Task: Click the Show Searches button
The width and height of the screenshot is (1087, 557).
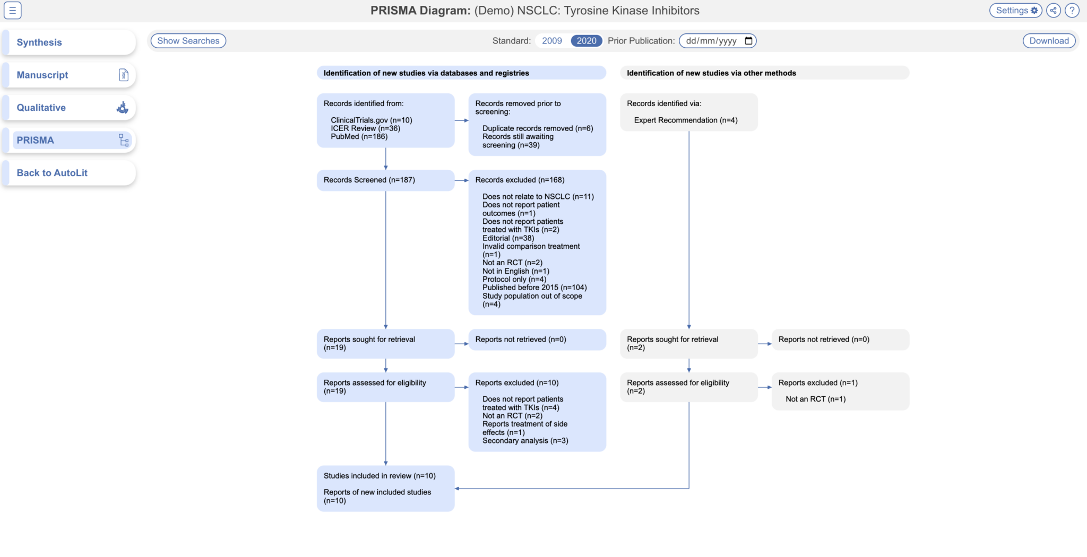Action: (188, 41)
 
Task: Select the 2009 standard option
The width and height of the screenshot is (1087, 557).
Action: (551, 41)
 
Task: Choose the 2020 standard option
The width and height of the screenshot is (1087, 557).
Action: (586, 41)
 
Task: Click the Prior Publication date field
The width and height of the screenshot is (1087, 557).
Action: (711, 41)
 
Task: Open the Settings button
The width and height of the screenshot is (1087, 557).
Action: (1015, 10)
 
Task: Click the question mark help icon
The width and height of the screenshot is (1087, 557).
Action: (1072, 10)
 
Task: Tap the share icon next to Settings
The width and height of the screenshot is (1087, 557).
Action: (1053, 10)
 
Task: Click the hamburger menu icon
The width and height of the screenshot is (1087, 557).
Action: (13, 10)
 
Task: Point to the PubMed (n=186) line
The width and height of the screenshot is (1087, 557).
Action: (359, 137)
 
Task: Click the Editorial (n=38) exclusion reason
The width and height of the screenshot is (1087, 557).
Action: (508, 238)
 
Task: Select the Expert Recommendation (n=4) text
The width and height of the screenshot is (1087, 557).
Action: (685, 120)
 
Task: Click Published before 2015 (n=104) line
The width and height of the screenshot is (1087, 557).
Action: (534, 288)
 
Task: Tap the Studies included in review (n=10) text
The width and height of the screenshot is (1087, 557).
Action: (379, 476)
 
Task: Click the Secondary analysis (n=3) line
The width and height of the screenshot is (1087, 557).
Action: (525, 441)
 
